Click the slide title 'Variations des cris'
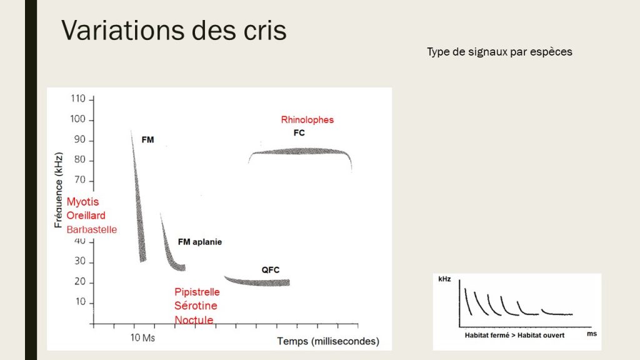[x=174, y=30]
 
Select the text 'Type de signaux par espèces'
[x=499, y=52]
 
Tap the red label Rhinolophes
[x=307, y=119]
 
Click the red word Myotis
[x=83, y=202]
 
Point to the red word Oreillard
[x=86, y=215]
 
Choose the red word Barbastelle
[x=92, y=229]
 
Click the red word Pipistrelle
[x=197, y=292]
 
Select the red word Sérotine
[x=196, y=306]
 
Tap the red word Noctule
[x=194, y=319]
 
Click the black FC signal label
[x=299, y=132]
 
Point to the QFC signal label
[x=271, y=270]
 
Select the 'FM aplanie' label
[x=200, y=242]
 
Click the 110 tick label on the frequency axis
[x=78, y=99]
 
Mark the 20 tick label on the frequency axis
[x=80, y=282]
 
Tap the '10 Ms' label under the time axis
[x=143, y=338]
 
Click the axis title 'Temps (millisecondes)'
[x=328, y=341]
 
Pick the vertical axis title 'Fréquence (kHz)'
[x=59, y=190]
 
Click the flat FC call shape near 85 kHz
[x=300, y=151]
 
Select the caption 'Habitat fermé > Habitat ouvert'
[x=515, y=335]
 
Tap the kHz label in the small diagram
[x=444, y=279]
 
